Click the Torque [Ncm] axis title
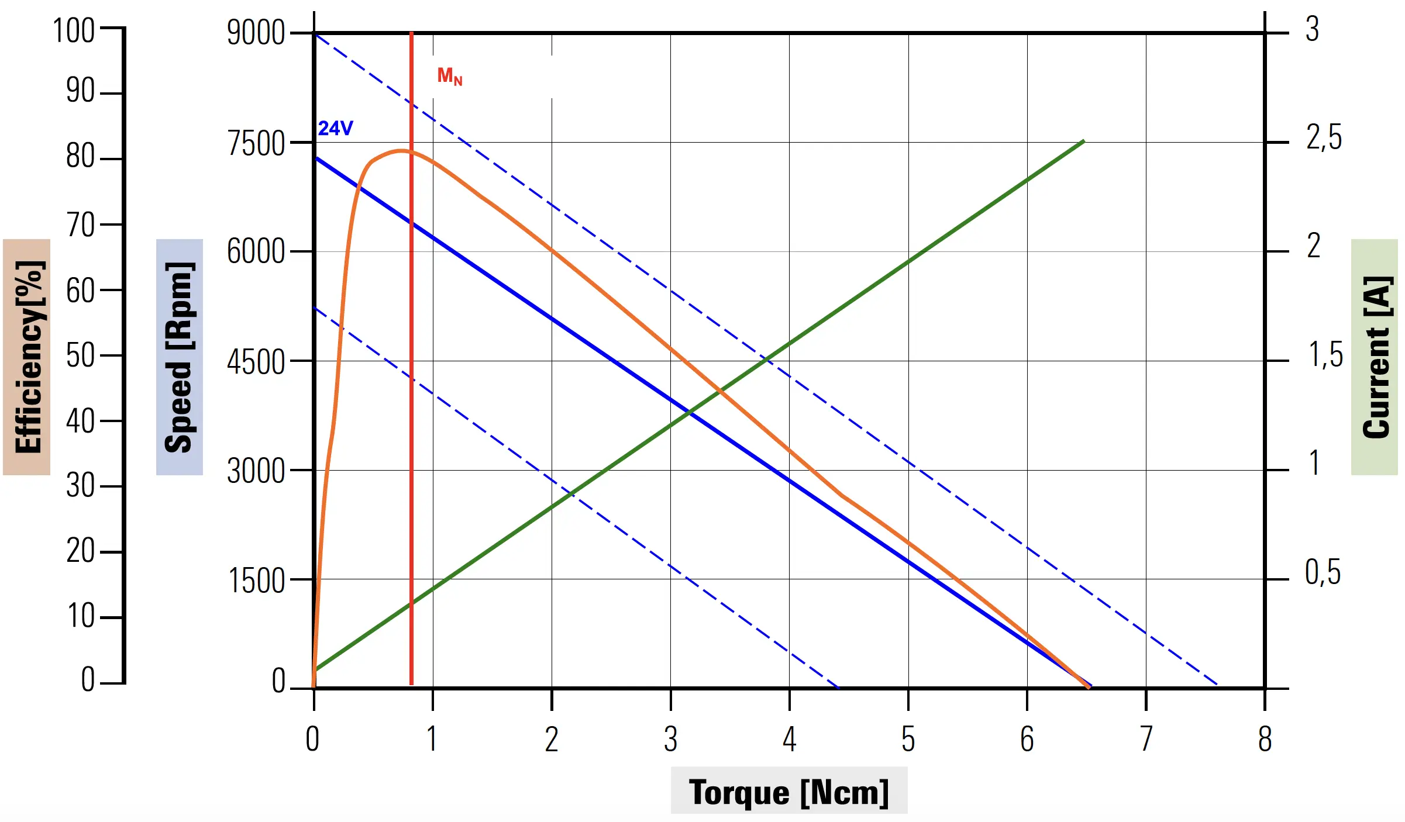[788, 792]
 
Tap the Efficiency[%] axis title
[27, 357]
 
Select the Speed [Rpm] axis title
[179, 357]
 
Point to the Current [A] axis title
[1376, 357]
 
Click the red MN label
[449, 76]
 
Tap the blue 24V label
[335, 128]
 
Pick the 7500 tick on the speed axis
[256, 144]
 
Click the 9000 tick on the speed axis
[256, 33]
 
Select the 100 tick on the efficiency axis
[74, 31]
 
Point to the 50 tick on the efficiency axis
[80, 355]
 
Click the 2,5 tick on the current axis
[1324, 139]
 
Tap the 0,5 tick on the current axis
[1323, 572]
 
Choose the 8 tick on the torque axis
[1265, 740]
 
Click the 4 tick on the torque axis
[789, 740]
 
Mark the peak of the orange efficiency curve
[401, 151]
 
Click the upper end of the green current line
[1083, 141]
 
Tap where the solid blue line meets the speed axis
[315, 158]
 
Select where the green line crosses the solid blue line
[691, 413]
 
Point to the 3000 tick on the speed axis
[256, 471]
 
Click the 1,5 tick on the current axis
[1325, 355]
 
